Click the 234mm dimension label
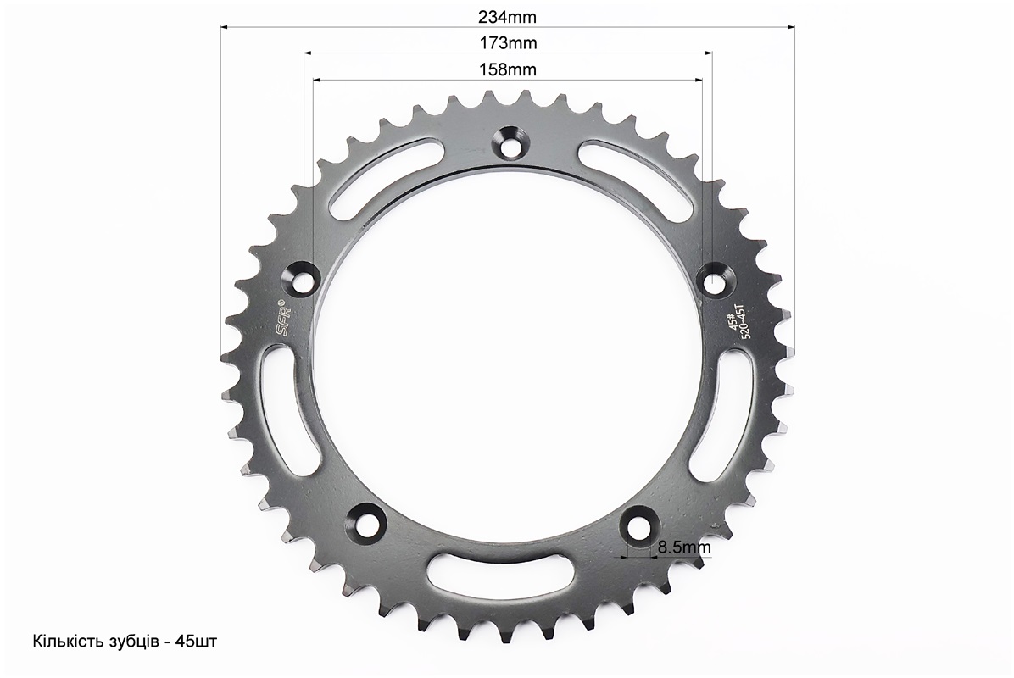(508, 17)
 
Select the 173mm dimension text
(508, 42)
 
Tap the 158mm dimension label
(508, 69)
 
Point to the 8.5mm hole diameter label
(684, 547)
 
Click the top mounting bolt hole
(511, 143)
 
